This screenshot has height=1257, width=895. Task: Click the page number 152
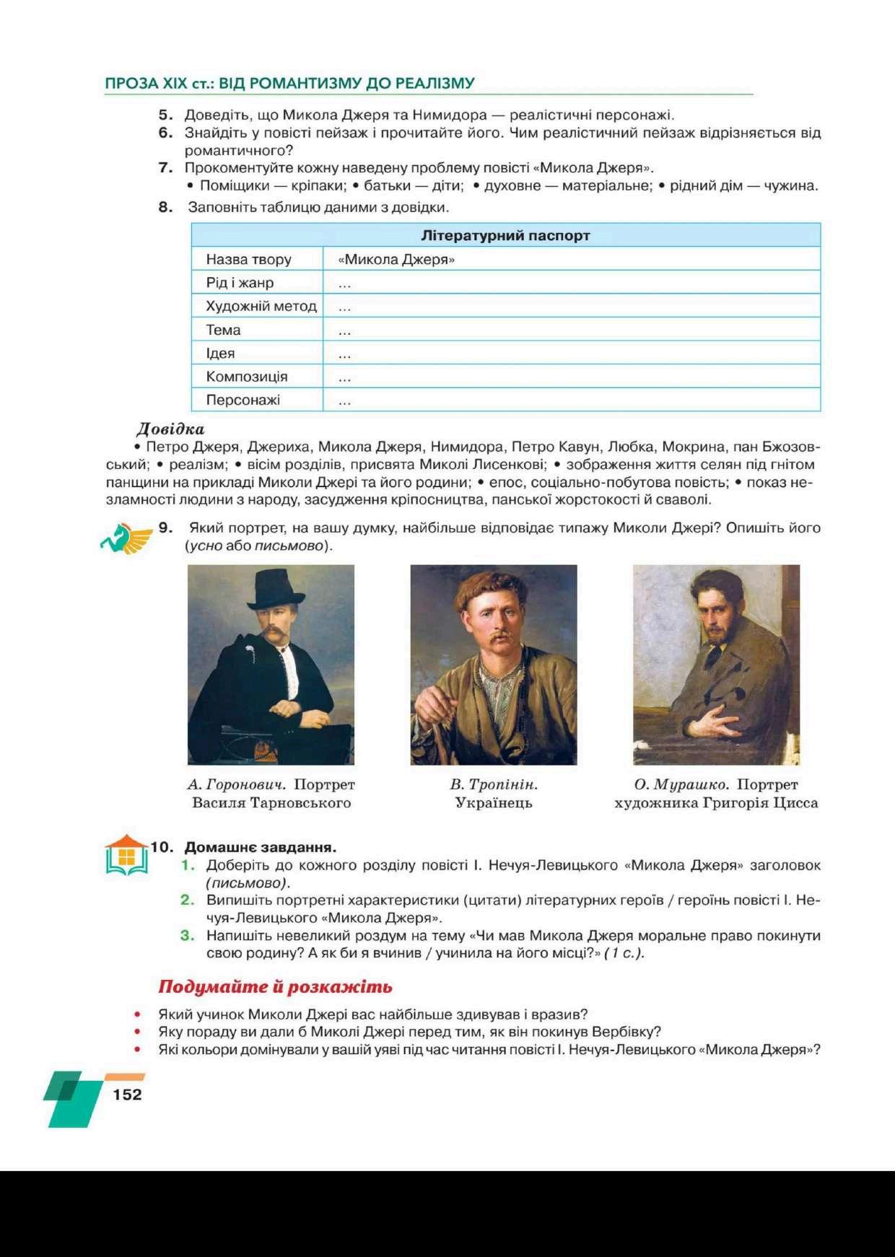[127, 1094]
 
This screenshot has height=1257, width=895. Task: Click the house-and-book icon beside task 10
[126, 856]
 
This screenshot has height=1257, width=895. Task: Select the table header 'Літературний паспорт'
[505, 235]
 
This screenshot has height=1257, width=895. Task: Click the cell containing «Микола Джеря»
[396, 259]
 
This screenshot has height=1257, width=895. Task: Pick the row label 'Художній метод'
[261, 306]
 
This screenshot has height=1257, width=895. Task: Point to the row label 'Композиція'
[246, 377]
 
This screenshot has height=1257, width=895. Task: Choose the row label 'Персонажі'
[243, 400]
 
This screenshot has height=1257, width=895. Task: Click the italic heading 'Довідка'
[170, 429]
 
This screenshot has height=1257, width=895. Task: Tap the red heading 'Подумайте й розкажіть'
[275, 986]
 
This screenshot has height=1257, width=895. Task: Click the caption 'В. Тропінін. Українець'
[494, 793]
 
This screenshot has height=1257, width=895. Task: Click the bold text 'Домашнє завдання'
[260, 847]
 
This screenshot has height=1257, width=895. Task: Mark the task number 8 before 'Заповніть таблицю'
[165, 207]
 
